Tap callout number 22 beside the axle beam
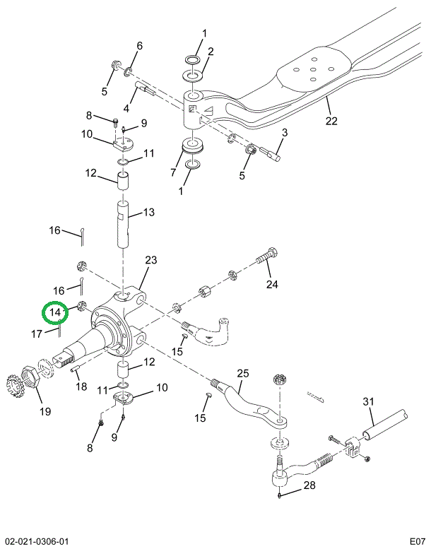coord(331,121)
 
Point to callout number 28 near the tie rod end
coord(309,485)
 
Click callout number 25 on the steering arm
coord(243,372)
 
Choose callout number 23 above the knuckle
coord(150,261)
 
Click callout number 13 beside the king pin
coord(148,213)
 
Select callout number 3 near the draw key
coord(284,132)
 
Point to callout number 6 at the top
coord(138,46)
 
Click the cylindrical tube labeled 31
coord(387,423)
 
